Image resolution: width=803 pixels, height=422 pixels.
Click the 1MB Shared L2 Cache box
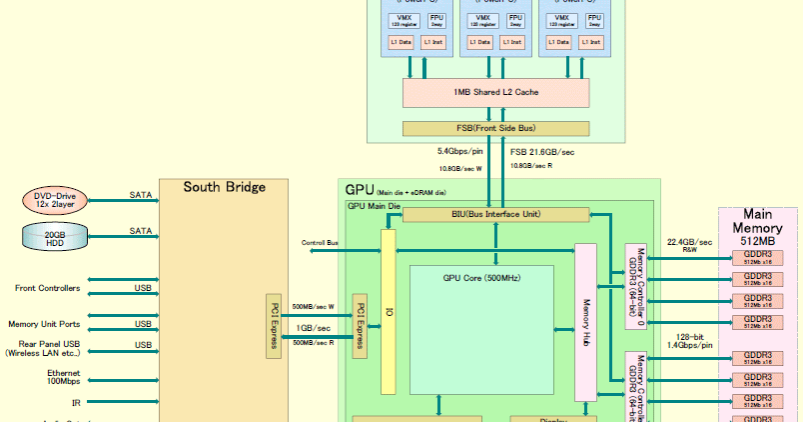[x=496, y=92]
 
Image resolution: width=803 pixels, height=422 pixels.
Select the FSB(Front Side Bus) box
[x=496, y=128]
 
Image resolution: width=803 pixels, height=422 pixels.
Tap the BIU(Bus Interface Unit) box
[x=495, y=214]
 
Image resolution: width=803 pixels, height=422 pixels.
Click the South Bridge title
[x=224, y=187]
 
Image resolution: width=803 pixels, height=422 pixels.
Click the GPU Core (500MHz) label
[x=482, y=276]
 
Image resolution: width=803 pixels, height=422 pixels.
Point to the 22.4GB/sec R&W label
[x=689, y=246]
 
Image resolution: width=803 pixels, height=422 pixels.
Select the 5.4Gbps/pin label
[x=459, y=151]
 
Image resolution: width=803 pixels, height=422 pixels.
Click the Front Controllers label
[x=47, y=288]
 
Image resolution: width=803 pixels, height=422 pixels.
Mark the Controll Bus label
[x=320, y=243]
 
